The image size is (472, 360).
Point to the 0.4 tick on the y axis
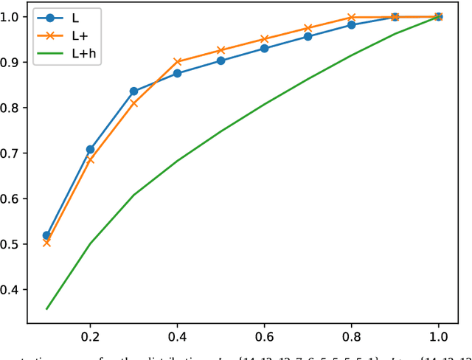13,290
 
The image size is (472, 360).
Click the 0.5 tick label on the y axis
13,244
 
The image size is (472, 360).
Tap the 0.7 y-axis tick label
13,153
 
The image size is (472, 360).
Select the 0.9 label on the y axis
13,63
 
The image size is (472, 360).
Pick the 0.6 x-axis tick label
265,336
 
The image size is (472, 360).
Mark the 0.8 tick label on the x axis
352,336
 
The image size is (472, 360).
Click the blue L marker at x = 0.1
46,235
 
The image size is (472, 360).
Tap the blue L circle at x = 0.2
90,150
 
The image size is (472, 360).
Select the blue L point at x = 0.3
133,91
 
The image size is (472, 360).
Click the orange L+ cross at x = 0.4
177,62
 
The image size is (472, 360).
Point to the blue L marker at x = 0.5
221,60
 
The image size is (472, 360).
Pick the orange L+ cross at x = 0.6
264,39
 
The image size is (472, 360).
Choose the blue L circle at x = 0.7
308,36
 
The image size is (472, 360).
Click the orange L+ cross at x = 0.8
351,17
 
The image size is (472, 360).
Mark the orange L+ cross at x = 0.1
46,242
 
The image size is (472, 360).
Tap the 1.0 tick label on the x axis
439,336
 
